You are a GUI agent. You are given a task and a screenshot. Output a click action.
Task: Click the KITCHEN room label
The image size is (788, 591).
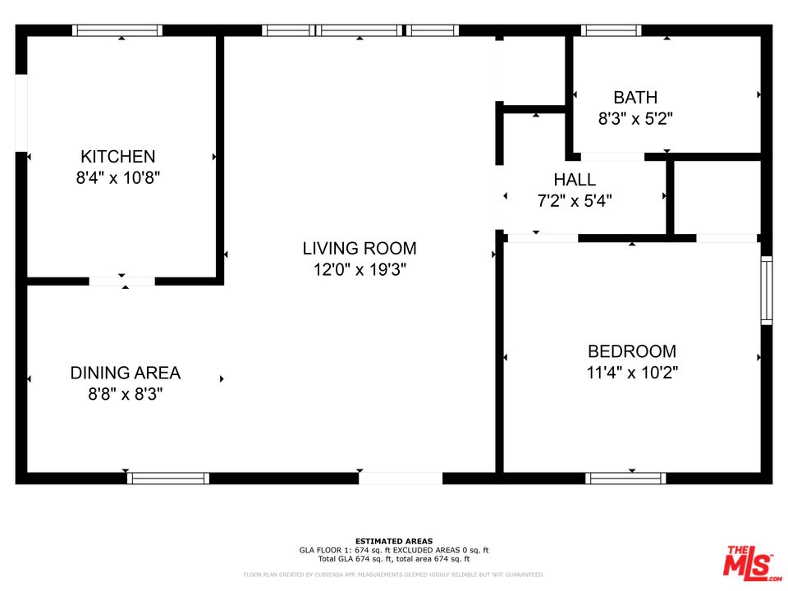pos(117,156)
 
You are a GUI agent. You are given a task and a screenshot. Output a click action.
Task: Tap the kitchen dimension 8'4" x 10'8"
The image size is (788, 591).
pos(117,177)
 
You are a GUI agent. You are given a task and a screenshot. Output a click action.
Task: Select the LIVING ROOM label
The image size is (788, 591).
pos(359,248)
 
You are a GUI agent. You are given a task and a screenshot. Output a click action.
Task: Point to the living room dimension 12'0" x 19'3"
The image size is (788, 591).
pos(359,269)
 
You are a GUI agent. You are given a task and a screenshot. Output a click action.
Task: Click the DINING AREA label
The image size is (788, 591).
pos(125,373)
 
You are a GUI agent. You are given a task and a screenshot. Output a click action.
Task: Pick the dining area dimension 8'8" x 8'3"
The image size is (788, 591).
pos(125,394)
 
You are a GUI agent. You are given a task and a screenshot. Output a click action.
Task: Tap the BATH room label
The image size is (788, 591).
pos(635,98)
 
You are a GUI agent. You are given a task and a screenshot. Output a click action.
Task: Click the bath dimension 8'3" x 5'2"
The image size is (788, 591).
pos(635,118)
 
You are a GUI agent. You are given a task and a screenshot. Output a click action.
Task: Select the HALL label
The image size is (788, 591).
pos(575,180)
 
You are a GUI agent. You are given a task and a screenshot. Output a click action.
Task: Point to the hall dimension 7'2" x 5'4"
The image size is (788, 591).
pos(575,200)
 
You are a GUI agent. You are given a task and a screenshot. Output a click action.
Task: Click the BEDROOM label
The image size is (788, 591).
pos(632,351)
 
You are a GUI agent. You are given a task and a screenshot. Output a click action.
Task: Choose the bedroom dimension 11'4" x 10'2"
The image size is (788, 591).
pos(632,373)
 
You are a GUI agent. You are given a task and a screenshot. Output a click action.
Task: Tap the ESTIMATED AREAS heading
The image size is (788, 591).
pos(394,541)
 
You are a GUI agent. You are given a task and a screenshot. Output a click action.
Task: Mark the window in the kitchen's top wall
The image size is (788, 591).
pos(117,30)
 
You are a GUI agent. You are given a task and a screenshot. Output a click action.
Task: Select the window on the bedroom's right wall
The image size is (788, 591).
pos(766,290)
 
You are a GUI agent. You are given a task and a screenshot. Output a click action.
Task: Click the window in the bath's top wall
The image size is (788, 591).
pos(611,30)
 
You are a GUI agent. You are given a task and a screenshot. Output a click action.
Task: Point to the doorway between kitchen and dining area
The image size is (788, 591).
pos(121,282)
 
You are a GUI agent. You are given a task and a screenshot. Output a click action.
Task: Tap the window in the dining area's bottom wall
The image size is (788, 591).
pos(168,478)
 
